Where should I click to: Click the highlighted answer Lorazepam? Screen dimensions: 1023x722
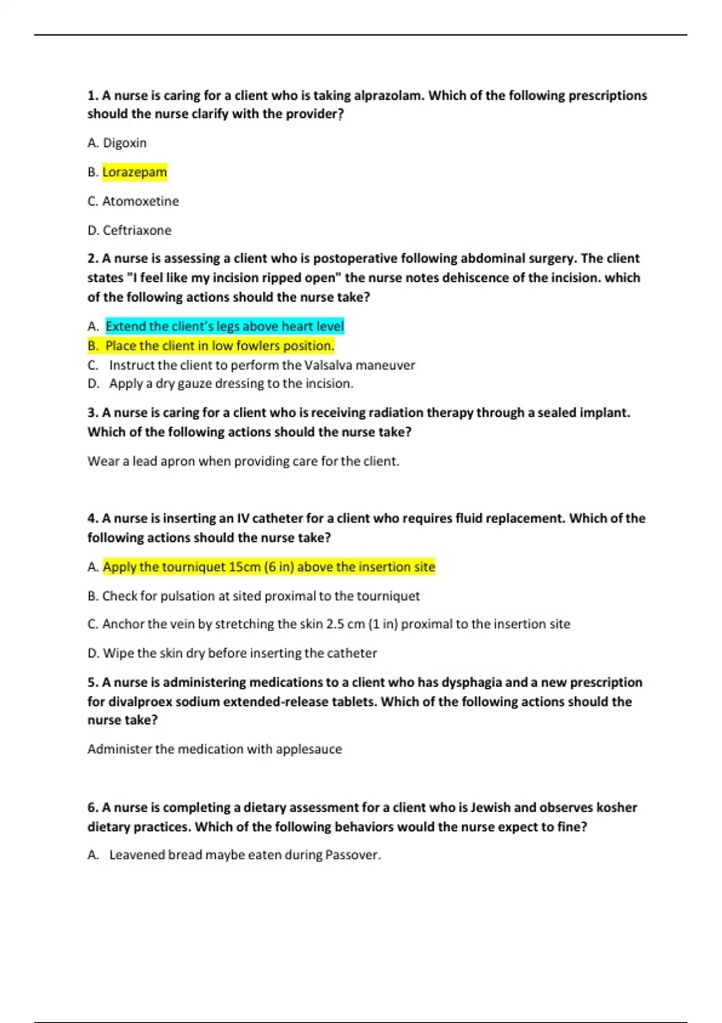134,172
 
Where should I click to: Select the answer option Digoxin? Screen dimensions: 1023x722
125,143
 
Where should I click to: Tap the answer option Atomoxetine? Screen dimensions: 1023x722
140,201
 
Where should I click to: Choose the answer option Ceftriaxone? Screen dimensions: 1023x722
137,230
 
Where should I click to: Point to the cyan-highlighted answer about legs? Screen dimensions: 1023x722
224,326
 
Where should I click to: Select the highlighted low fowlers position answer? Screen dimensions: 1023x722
219,346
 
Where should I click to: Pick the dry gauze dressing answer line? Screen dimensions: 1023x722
231,384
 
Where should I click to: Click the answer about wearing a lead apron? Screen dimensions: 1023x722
243,462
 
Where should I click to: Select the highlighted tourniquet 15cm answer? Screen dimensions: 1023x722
268,567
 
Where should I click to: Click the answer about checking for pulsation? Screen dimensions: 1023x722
261,596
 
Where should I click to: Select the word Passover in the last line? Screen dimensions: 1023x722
352,855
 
